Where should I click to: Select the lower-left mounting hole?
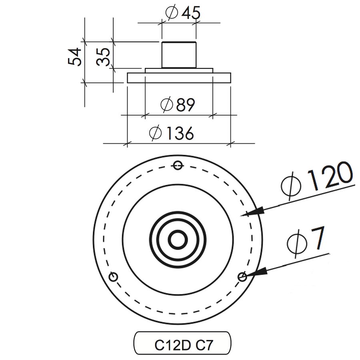tap(113, 276)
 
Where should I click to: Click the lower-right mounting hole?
tap(242, 276)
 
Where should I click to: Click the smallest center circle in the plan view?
tap(178, 240)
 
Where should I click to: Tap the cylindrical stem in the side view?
tap(179, 54)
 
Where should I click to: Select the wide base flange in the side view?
tap(179, 78)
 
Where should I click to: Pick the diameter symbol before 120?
tap(291, 186)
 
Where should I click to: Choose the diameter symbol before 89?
tap(166, 105)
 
